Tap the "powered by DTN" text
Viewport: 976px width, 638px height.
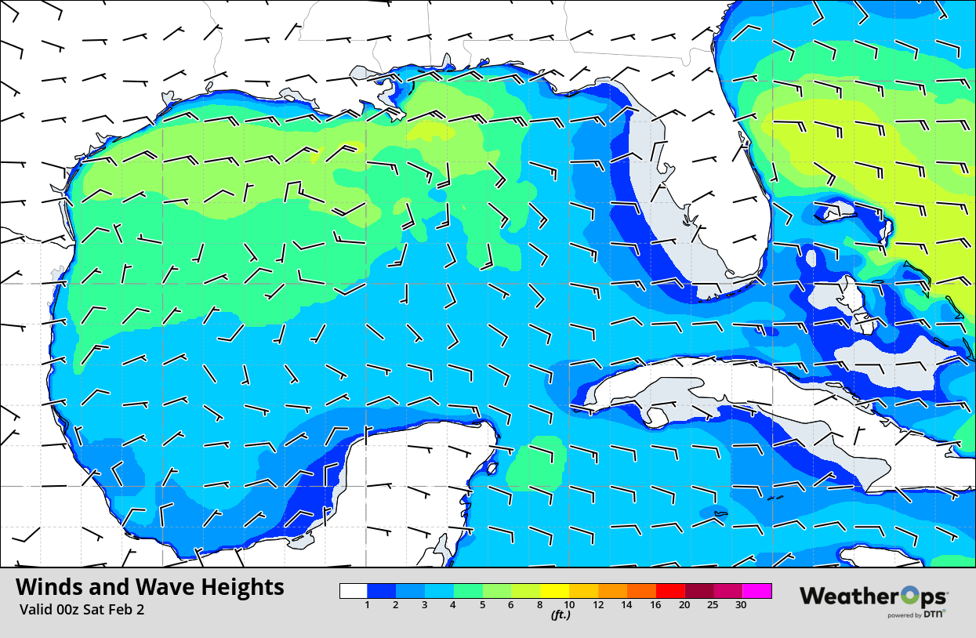click(x=916, y=615)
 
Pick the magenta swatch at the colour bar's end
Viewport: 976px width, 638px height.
click(x=757, y=591)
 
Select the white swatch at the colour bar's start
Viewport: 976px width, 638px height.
click(x=354, y=591)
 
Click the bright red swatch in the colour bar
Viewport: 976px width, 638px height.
click(x=671, y=591)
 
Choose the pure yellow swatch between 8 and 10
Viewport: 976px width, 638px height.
click(x=555, y=591)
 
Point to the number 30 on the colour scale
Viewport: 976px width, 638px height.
click(x=740, y=605)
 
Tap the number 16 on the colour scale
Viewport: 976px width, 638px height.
click(x=655, y=605)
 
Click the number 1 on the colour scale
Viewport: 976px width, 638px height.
click(x=368, y=605)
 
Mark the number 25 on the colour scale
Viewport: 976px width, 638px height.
click(x=713, y=605)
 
